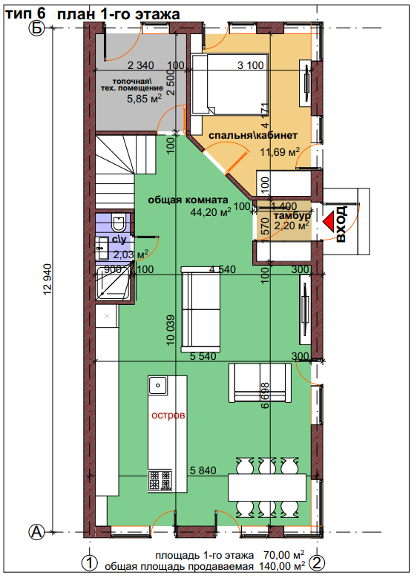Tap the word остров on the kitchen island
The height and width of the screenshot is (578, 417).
168,415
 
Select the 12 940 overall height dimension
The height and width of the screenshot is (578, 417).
47,280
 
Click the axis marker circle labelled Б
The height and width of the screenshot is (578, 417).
36,28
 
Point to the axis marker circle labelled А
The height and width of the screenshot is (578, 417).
36,532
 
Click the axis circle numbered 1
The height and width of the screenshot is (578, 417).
89,563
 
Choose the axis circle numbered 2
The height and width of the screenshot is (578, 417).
318,563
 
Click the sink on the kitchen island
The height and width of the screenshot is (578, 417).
158,385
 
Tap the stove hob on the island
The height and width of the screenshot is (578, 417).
160,480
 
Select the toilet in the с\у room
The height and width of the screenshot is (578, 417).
119,223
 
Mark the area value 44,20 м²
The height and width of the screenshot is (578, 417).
211,211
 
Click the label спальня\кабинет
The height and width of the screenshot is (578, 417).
253,135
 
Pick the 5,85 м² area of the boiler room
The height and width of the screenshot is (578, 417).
144,99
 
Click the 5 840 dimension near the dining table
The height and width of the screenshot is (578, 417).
203,470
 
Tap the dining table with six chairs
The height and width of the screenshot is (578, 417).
267,487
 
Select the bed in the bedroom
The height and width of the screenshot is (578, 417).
229,83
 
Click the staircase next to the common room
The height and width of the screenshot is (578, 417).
115,171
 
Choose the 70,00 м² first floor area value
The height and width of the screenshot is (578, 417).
284,554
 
